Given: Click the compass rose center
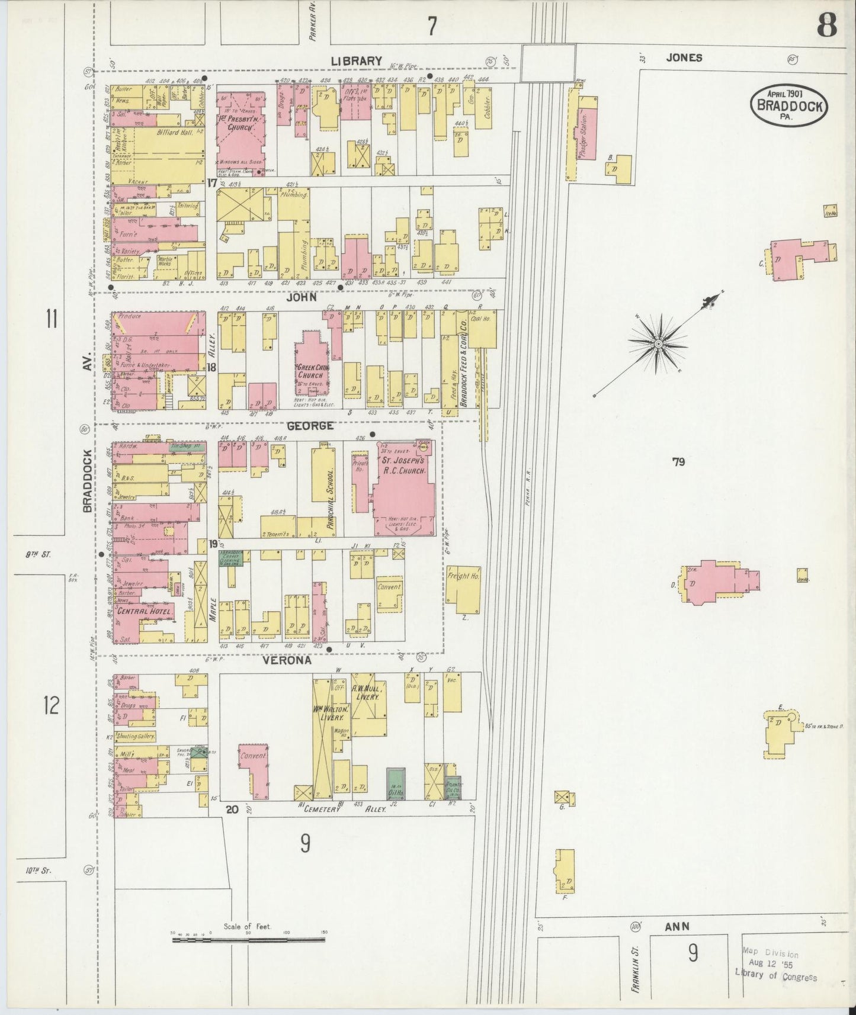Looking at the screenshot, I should coord(658,343).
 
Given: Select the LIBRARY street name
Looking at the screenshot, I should coord(356,60).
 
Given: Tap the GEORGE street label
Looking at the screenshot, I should coord(310,426).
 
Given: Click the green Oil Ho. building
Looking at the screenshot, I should coord(395,783).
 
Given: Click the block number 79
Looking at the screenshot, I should coord(678,461).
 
